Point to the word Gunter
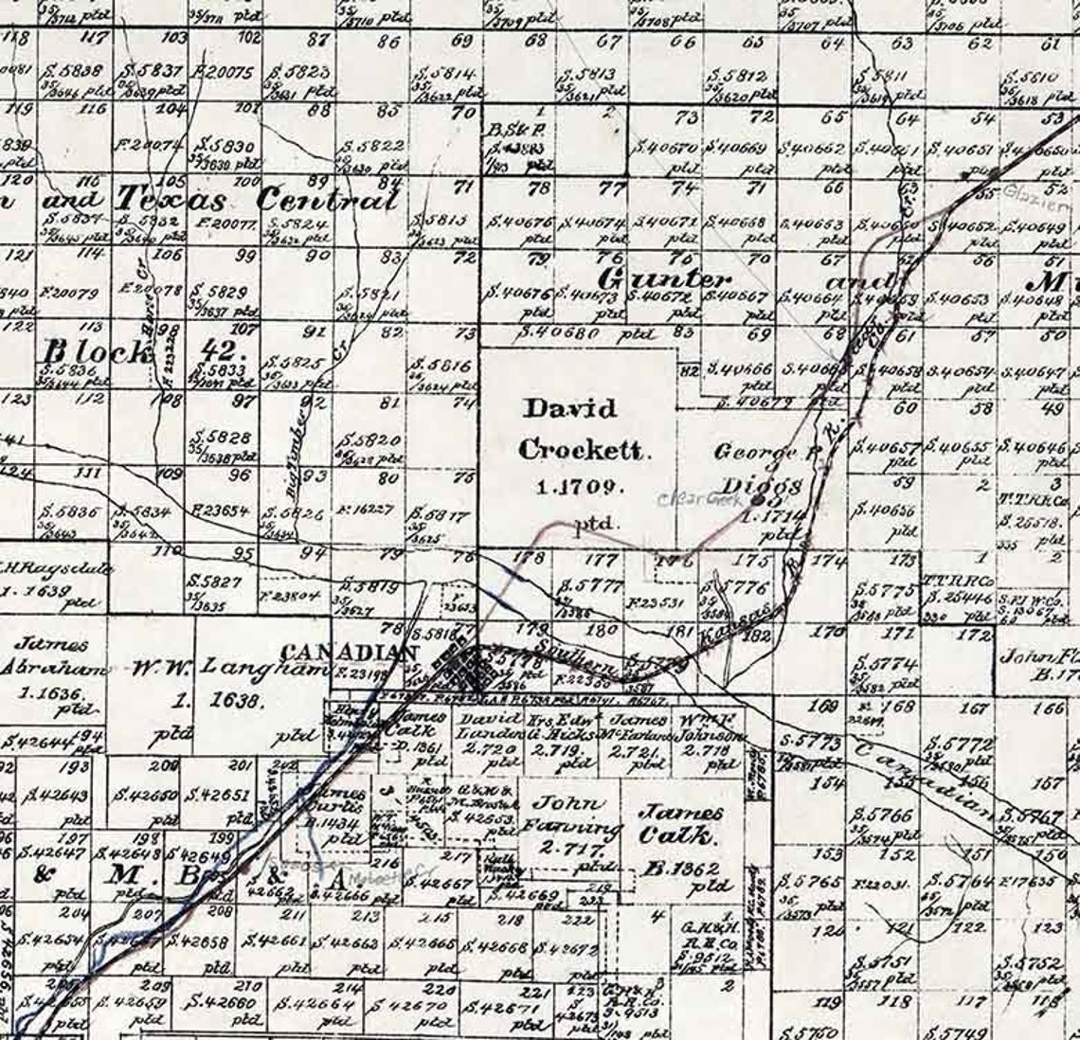tap(665, 279)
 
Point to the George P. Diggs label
tap(763, 468)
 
